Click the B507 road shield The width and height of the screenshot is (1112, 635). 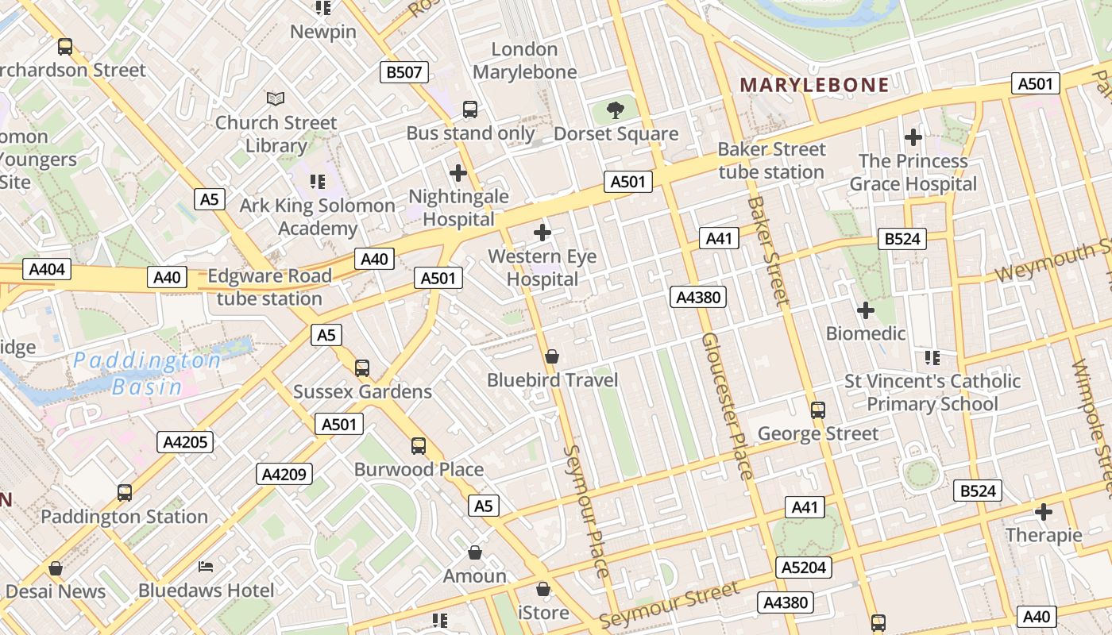(404, 73)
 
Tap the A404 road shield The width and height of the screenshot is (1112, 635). (47, 269)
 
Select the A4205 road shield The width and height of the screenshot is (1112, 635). (185, 442)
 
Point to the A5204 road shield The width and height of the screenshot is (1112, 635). (804, 568)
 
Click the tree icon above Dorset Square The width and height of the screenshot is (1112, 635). (615, 110)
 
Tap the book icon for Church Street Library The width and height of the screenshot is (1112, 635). (276, 98)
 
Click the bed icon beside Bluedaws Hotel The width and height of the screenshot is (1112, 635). (206, 567)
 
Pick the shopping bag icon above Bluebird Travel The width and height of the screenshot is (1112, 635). (551, 356)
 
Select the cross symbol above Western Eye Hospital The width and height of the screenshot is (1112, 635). (542, 233)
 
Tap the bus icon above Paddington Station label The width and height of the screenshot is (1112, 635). (125, 492)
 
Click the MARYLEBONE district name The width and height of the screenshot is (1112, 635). (814, 85)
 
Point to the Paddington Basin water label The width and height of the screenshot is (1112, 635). (148, 374)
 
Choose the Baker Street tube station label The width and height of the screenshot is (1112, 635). (771, 160)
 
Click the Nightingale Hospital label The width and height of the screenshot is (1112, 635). (458, 207)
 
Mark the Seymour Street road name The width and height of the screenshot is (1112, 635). (669, 604)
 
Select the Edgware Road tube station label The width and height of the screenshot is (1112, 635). (269, 287)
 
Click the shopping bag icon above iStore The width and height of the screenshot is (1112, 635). (543, 589)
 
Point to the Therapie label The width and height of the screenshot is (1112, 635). (1044, 535)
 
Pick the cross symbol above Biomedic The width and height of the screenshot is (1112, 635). (866, 310)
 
